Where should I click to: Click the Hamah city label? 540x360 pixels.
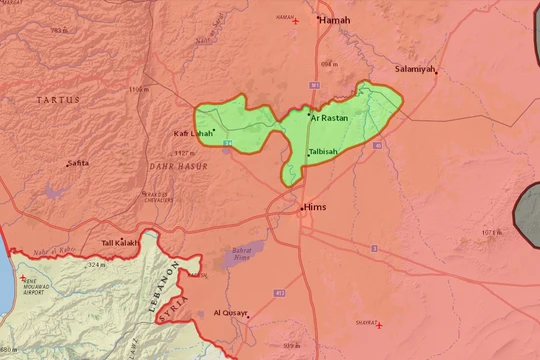click(x=336, y=19)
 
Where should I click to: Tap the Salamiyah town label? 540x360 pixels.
click(x=415, y=68)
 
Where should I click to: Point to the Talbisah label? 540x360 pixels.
click(x=324, y=151)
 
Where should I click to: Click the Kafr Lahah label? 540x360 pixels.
click(x=192, y=133)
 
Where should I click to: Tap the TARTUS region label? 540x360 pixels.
click(x=57, y=100)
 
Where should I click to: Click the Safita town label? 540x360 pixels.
click(x=77, y=163)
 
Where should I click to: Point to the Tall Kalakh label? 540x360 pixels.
click(x=119, y=243)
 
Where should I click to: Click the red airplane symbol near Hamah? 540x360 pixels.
click(x=294, y=21)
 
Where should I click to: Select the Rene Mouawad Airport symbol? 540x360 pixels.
click(x=23, y=277)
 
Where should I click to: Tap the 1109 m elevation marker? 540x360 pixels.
click(x=139, y=90)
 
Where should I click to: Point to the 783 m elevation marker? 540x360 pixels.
click(x=60, y=31)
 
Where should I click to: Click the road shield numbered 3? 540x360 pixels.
click(x=373, y=248)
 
